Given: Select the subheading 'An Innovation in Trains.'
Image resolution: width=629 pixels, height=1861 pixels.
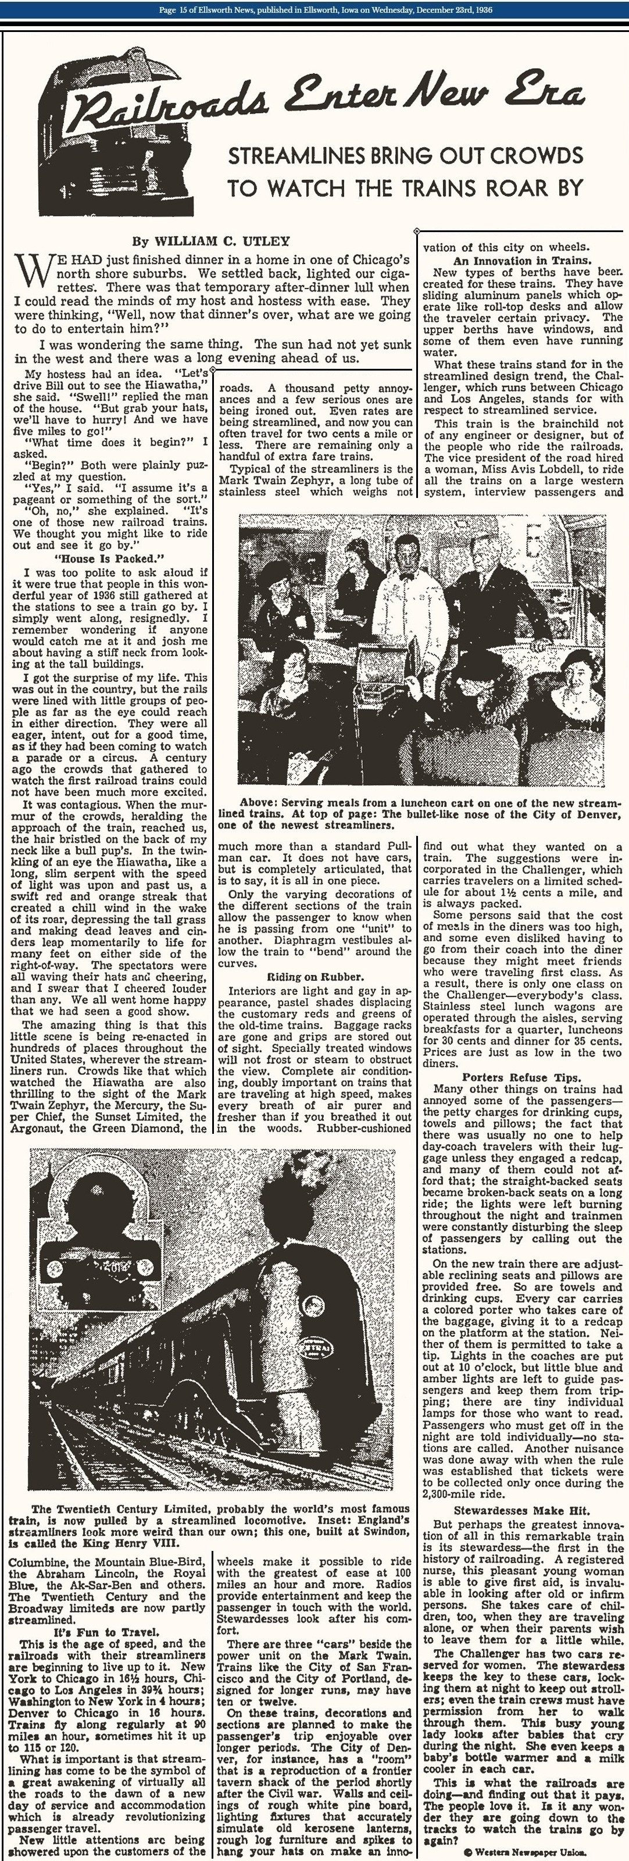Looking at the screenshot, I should point(522,261).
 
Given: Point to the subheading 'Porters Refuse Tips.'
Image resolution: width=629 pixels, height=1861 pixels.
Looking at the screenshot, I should point(521,1078).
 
